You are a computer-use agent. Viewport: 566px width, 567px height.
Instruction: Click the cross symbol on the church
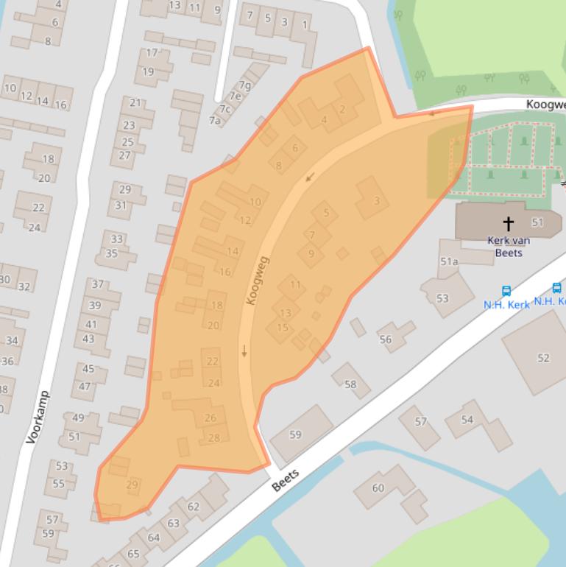tap(508, 222)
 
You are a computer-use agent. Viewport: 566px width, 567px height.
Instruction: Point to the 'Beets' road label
tap(286, 480)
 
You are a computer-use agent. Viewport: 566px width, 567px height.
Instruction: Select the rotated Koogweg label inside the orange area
tap(259, 281)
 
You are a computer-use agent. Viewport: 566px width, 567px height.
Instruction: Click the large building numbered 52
tap(543, 358)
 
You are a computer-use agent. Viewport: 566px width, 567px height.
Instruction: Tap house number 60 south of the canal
tap(378, 487)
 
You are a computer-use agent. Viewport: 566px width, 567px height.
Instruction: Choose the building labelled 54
tap(467, 420)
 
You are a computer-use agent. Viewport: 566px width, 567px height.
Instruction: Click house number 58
tap(350, 384)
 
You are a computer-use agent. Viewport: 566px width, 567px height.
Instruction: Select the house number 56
tap(386, 339)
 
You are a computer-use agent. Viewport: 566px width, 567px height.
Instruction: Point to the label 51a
tap(449, 261)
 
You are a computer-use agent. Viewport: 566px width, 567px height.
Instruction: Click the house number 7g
tap(244, 85)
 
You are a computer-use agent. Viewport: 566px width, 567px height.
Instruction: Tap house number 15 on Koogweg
tap(283, 328)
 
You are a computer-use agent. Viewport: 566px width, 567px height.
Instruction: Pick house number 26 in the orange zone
tap(211, 418)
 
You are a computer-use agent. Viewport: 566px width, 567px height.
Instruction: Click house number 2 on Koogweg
tap(342, 110)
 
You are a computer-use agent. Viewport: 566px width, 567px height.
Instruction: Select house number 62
tap(194, 506)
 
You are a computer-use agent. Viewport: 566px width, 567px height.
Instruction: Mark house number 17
tap(152, 53)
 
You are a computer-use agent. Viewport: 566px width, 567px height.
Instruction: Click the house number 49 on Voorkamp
tap(77, 418)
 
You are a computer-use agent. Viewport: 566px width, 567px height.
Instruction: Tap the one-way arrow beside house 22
tap(244, 351)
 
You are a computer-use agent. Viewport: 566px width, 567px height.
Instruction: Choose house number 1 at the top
tap(304, 25)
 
